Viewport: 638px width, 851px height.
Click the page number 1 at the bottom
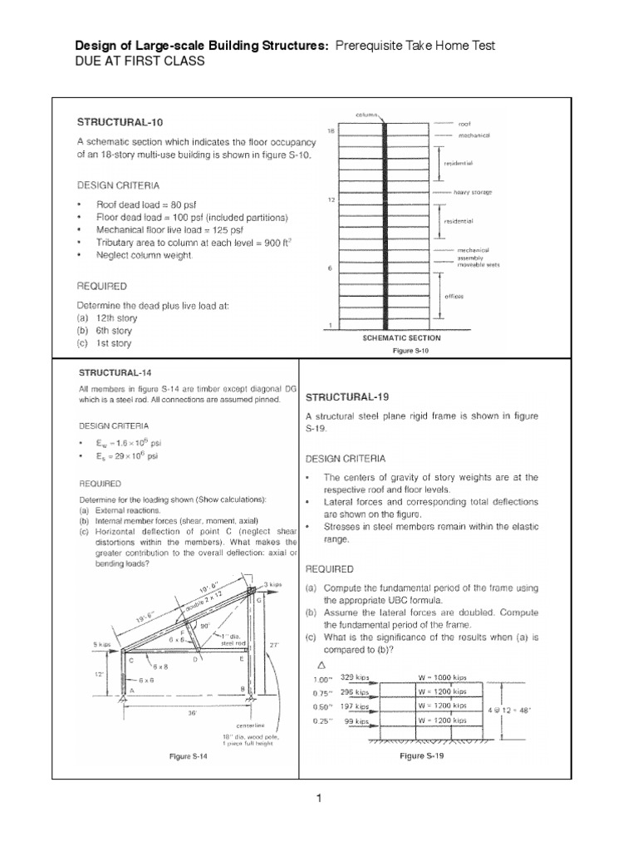pyautogui.click(x=318, y=799)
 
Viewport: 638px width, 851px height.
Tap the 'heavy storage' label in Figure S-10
pyautogui.click(x=472, y=192)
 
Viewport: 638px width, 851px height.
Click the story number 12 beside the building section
pyautogui.click(x=331, y=200)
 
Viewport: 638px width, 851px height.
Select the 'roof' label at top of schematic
pyautogui.click(x=465, y=122)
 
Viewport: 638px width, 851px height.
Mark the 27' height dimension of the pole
pyautogui.click(x=275, y=643)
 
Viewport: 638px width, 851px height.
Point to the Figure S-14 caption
pyautogui.click(x=188, y=757)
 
